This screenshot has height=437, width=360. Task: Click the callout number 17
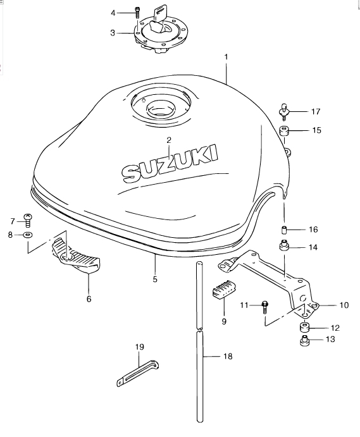pyautogui.click(x=316, y=112)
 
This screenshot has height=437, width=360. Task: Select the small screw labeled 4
pyautogui.click(x=137, y=13)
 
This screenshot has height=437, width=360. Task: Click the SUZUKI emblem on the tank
pyautogui.click(x=170, y=164)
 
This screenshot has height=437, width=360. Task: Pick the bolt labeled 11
pyautogui.click(x=264, y=307)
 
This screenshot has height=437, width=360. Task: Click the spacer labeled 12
pyautogui.click(x=305, y=327)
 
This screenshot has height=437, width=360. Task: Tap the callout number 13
pyautogui.click(x=330, y=340)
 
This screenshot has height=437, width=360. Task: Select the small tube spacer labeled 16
pyautogui.click(x=283, y=231)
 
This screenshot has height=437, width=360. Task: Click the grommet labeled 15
pyautogui.click(x=284, y=131)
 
